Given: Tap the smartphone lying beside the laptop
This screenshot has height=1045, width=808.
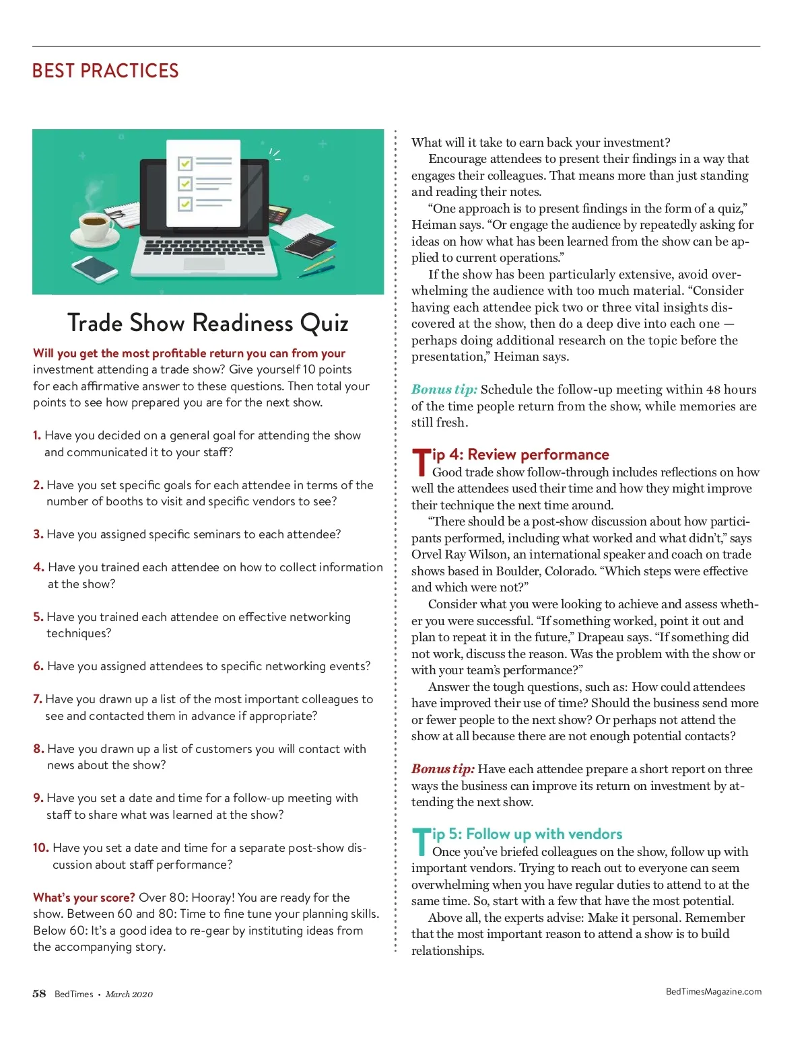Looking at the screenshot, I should (x=95, y=268).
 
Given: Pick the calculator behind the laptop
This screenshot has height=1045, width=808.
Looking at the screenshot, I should (x=278, y=215).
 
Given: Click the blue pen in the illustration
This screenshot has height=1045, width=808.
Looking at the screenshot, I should (x=316, y=268).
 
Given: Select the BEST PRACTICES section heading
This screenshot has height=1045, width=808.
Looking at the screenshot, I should (x=106, y=71).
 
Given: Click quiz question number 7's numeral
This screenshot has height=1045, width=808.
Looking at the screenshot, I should (x=37, y=699).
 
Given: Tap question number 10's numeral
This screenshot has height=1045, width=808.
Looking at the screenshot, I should (x=40, y=848).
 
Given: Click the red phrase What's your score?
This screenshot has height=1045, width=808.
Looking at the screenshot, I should (x=84, y=898).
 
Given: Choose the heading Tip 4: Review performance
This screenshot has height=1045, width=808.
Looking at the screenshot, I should (x=510, y=456).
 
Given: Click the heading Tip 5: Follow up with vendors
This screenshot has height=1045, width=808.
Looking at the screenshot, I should (x=517, y=835).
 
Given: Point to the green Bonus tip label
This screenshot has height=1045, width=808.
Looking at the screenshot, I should (x=444, y=390).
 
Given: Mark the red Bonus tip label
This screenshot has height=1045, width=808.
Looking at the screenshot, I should (x=443, y=769).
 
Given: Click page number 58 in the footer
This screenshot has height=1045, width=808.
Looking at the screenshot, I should (x=39, y=994).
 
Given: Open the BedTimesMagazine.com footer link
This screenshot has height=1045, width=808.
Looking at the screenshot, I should (x=713, y=991).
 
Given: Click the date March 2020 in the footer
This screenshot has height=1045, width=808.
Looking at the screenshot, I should (x=129, y=995).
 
